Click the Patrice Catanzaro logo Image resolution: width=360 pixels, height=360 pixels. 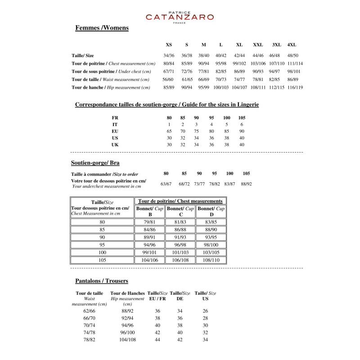pos(180,17)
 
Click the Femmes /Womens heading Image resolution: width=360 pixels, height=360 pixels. pos(102,28)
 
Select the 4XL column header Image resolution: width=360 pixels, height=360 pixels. pos(292,45)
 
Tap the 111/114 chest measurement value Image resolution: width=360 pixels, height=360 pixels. pos(295,63)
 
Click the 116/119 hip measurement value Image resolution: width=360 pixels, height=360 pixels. pos(295,87)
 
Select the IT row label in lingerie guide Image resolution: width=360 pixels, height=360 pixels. pos(115,124)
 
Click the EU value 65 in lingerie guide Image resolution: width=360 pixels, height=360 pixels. pos(169,131)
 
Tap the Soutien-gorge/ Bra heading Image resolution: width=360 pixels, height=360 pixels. pos(95,162)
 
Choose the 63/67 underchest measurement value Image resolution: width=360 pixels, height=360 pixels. pos(166,184)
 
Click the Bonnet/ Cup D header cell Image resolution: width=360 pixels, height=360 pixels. pos(211,211)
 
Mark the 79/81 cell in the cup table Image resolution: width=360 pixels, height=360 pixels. pos(149,222)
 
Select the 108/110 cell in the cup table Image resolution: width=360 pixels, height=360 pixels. pos(211,260)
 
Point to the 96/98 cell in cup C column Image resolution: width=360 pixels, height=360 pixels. pos(180,245)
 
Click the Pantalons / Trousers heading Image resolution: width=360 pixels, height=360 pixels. pos(102,281)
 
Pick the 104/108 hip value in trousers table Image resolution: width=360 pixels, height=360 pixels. pos(127,340)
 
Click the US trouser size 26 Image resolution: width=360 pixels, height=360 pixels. pos(205,311)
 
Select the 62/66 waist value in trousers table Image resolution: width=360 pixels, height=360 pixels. pos(89,311)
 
